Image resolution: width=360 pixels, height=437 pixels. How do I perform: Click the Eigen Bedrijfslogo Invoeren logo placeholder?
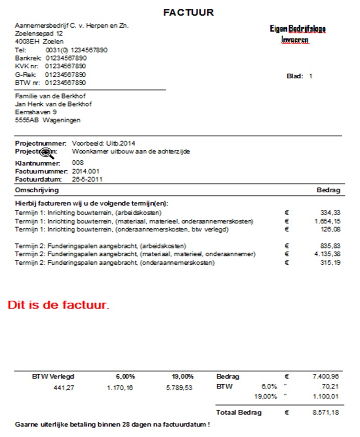point(294,34)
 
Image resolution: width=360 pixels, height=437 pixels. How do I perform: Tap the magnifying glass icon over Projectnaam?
point(48,152)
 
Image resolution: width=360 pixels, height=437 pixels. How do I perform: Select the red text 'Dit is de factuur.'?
point(59,305)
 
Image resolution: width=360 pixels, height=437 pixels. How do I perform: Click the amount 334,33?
point(329,213)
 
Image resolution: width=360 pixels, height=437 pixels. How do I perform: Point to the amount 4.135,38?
point(327,254)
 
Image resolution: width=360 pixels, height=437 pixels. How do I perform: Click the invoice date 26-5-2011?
point(87,179)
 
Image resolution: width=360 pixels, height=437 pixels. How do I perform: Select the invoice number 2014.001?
point(86,171)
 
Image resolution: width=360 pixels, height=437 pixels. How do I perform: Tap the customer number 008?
point(78,162)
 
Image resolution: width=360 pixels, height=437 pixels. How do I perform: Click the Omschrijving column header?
point(37,190)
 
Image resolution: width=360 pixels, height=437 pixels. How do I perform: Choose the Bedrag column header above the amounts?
point(328,190)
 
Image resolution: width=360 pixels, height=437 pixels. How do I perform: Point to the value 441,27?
point(64,387)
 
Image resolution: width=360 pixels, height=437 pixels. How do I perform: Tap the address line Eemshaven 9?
point(37,112)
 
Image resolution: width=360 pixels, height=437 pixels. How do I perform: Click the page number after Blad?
point(310,76)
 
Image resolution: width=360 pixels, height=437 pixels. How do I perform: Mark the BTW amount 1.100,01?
point(327,398)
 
